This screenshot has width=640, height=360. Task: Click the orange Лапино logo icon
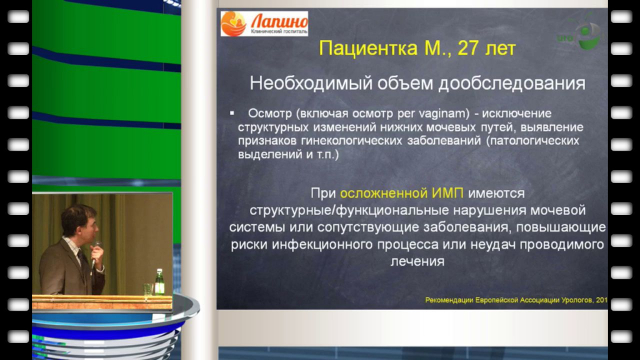[x=234, y=24]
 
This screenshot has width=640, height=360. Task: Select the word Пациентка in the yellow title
[x=368, y=48]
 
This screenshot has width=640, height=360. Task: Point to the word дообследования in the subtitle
[x=512, y=83]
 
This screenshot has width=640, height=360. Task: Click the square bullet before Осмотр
[x=232, y=113]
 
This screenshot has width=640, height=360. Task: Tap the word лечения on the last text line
[x=417, y=261]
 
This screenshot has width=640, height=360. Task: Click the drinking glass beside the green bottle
[x=147, y=289]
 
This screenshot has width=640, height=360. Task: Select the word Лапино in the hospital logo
[x=279, y=21]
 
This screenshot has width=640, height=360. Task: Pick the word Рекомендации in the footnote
[x=449, y=300]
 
